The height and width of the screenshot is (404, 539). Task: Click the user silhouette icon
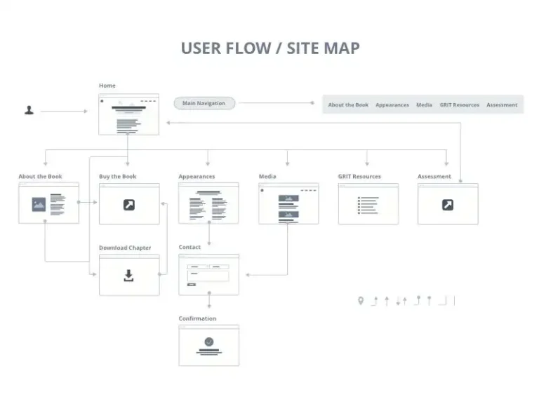(29, 110)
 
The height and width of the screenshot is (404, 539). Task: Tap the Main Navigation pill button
(204, 103)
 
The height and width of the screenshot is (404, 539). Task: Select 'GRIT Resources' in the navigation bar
(459, 105)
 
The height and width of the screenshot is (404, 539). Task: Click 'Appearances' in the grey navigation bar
(392, 105)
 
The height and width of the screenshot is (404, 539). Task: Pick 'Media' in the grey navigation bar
(424, 105)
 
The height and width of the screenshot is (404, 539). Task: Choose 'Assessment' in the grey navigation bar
(502, 105)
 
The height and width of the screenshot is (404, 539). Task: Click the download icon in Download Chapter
(128, 276)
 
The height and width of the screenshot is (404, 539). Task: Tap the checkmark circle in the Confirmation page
(209, 342)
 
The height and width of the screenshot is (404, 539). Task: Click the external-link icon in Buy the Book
(129, 205)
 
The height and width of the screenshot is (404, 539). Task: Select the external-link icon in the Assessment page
(448, 205)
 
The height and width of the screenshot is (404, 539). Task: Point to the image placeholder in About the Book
(39, 204)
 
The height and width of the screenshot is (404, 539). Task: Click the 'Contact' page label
(189, 247)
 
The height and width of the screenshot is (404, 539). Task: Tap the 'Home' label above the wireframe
(107, 86)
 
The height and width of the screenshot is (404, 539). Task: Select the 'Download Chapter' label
(125, 248)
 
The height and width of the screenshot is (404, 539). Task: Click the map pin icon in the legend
(361, 301)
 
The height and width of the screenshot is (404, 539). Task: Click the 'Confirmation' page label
(197, 318)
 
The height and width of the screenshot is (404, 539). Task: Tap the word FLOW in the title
(248, 48)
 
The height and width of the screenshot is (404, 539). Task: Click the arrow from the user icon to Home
(65, 112)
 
